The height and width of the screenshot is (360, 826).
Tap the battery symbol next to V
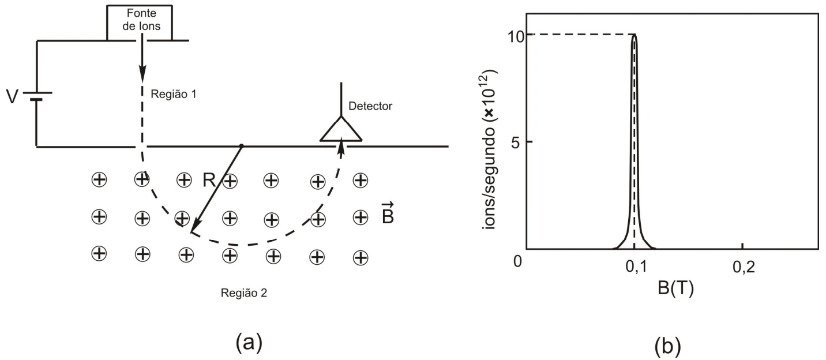coord(37,96)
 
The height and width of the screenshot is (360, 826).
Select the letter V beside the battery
coord(12,97)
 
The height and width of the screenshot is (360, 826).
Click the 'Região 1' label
coord(173,94)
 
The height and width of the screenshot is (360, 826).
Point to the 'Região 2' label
coord(244,293)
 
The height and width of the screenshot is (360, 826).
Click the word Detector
coord(370,106)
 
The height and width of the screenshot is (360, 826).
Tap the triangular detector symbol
coord(341,129)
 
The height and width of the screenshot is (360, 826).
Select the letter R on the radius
coord(209,181)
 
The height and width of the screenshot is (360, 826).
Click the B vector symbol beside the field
coord(388,214)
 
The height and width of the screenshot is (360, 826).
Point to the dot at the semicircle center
coord(242,146)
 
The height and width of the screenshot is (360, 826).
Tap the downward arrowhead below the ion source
coord(142,73)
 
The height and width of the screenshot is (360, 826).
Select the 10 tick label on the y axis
coord(516,37)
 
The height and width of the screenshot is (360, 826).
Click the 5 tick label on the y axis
coord(516,142)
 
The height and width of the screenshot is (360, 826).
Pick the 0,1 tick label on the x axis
coord(636,267)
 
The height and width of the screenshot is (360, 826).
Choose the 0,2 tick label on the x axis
coord(744,267)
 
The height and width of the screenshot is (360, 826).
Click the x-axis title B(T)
coord(675,288)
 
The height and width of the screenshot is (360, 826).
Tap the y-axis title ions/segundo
coord(490,150)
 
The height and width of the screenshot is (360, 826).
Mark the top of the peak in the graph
coord(634,35)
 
